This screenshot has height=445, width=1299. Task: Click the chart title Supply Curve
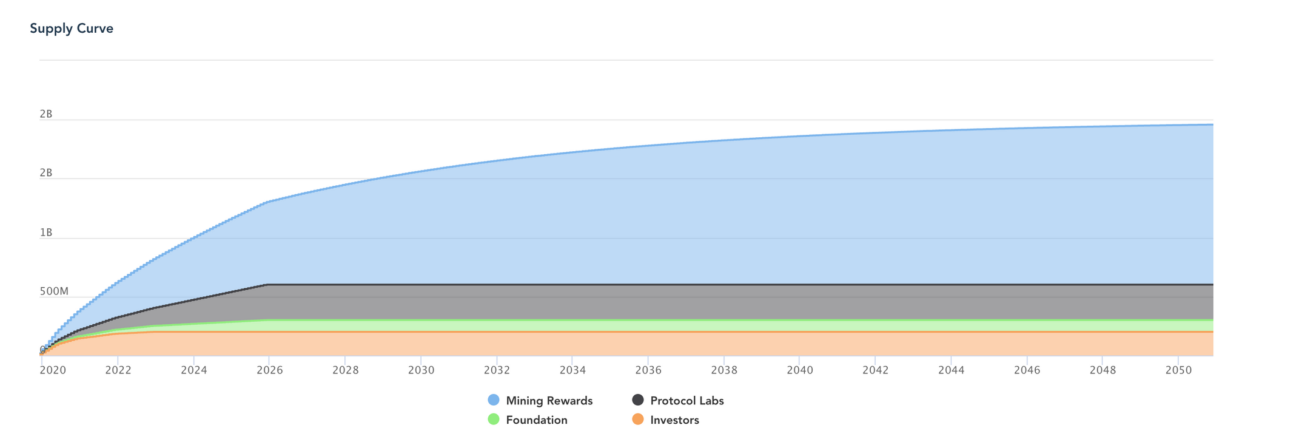pos(72,29)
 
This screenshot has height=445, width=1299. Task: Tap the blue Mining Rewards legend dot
pos(494,400)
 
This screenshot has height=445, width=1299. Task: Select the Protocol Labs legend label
pos(687,401)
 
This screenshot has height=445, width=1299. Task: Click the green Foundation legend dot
pos(494,420)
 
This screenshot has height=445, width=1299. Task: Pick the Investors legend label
pos(674,420)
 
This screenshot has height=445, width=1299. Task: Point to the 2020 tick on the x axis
pos(42,358)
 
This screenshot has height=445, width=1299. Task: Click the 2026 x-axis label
pos(269,370)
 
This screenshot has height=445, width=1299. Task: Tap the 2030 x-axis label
pos(421,370)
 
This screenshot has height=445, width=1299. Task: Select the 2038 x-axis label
pos(724,370)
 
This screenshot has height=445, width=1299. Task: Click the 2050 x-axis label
pos(1178,370)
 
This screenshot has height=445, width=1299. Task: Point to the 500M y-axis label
pos(54,292)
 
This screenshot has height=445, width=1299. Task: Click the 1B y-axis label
pos(46,233)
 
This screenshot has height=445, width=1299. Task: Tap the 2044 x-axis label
pos(951,370)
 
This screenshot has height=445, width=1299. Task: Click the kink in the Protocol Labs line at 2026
pos(267,284)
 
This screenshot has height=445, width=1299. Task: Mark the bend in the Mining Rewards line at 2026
pos(267,202)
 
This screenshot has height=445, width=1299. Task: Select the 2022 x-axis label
pos(118,370)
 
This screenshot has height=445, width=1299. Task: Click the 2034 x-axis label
pos(572,370)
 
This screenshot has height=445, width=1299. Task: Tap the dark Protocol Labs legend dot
pos(638,400)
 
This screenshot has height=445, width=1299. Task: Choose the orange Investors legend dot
pos(638,420)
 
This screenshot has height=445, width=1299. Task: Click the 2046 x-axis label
pos(1027,370)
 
